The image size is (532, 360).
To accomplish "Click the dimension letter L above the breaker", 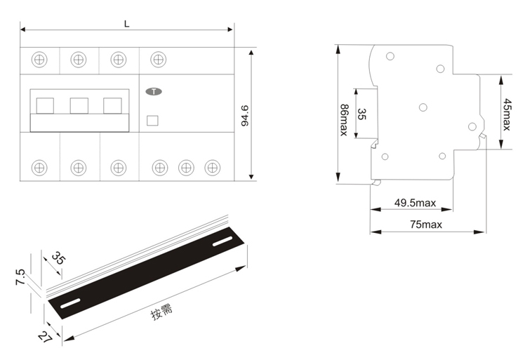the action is coord(127,24).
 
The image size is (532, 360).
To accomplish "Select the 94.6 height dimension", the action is coord(245,116).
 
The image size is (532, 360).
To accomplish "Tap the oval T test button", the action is coord(154,91).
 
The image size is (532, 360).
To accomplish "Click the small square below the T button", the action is coord(152,121).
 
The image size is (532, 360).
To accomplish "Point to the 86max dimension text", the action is coord(344,120).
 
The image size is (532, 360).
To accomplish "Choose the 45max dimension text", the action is coord(507,114).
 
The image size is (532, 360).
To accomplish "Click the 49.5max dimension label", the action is coord(415,203).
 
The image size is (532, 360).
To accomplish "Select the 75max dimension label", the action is coord(426,225).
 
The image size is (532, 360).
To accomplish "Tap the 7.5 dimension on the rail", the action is coord(20,277).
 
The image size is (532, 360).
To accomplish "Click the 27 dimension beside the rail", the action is coord(45,337).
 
